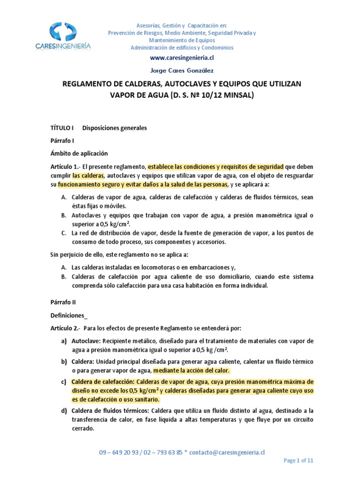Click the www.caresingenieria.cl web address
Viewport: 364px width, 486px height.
pos(182,58)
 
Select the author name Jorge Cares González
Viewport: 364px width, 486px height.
pos(182,71)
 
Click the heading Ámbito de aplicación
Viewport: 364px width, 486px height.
pos(79,153)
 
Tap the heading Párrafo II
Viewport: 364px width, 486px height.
pos(63,302)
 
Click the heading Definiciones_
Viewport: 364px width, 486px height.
pos(69,315)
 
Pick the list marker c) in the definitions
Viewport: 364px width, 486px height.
pos(64,382)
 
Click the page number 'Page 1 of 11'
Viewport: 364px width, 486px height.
pos(298,460)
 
